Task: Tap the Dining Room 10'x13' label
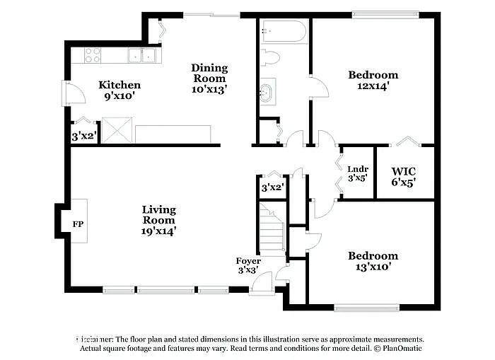click(209, 79)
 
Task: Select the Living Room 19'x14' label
click(158, 219)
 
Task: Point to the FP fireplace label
click(78, 224)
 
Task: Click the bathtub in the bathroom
click(284, 32)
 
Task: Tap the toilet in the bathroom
click(270, 57)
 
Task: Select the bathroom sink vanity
click(268, 92)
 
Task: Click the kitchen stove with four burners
click(93, 54)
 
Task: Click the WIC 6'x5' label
click(403, 176)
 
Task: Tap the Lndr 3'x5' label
click(358, 173)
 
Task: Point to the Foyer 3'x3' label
click(248, 265)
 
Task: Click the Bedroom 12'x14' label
click(373, 80)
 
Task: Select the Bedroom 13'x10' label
click(373, 261)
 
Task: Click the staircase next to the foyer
click(271, 228)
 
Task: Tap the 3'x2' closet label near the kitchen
click(84, 135)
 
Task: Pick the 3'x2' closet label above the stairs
click(272, 187)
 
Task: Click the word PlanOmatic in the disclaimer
click(402, 349)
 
